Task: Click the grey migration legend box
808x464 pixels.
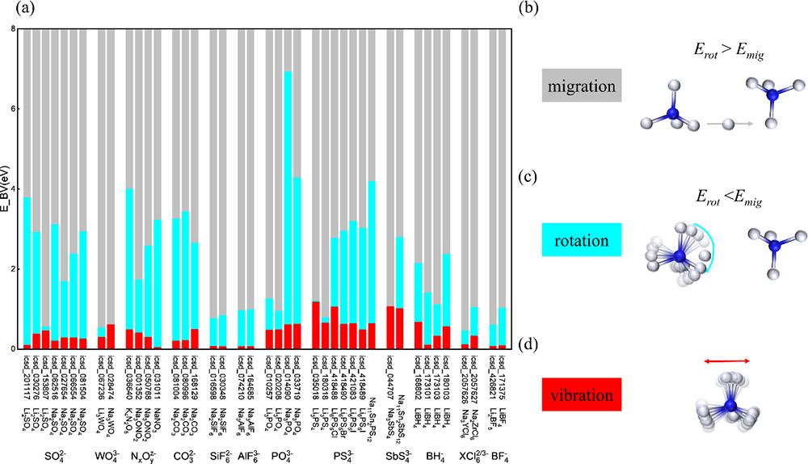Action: pyautogui.click(x=579, y=85)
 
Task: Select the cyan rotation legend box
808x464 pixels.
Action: pyautogui.click(x=579, y=242)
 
